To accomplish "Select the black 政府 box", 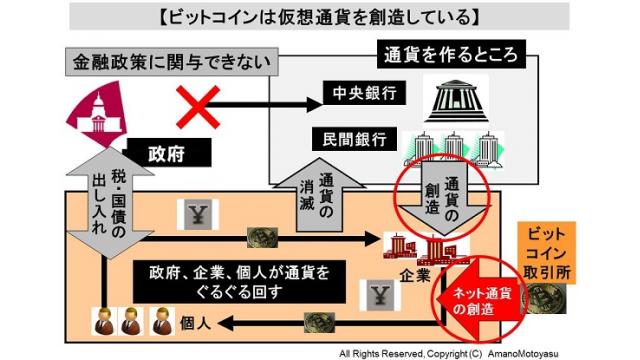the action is [166, 154].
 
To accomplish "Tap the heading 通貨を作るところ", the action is [439, 52].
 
